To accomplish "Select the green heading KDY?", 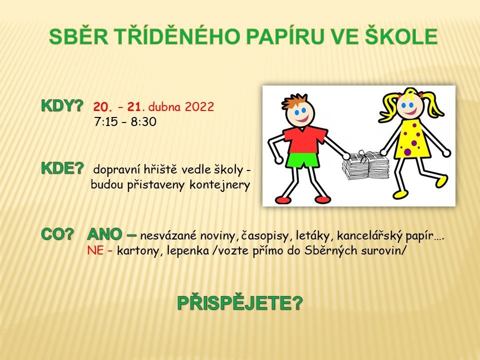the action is click(62, 106).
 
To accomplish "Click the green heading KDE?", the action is click(62, 168).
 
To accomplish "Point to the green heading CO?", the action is click(57, 234).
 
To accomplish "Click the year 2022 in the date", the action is click(199, 107).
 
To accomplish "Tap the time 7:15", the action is click(106, 122).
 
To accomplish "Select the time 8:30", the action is click(143, 122).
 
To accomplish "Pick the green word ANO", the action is click(104, 234).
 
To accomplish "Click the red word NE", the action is click(95, 250).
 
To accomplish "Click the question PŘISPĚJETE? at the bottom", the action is click(240, 303).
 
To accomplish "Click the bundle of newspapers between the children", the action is click(365, 165).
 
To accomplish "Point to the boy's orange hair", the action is click(294, 101).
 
